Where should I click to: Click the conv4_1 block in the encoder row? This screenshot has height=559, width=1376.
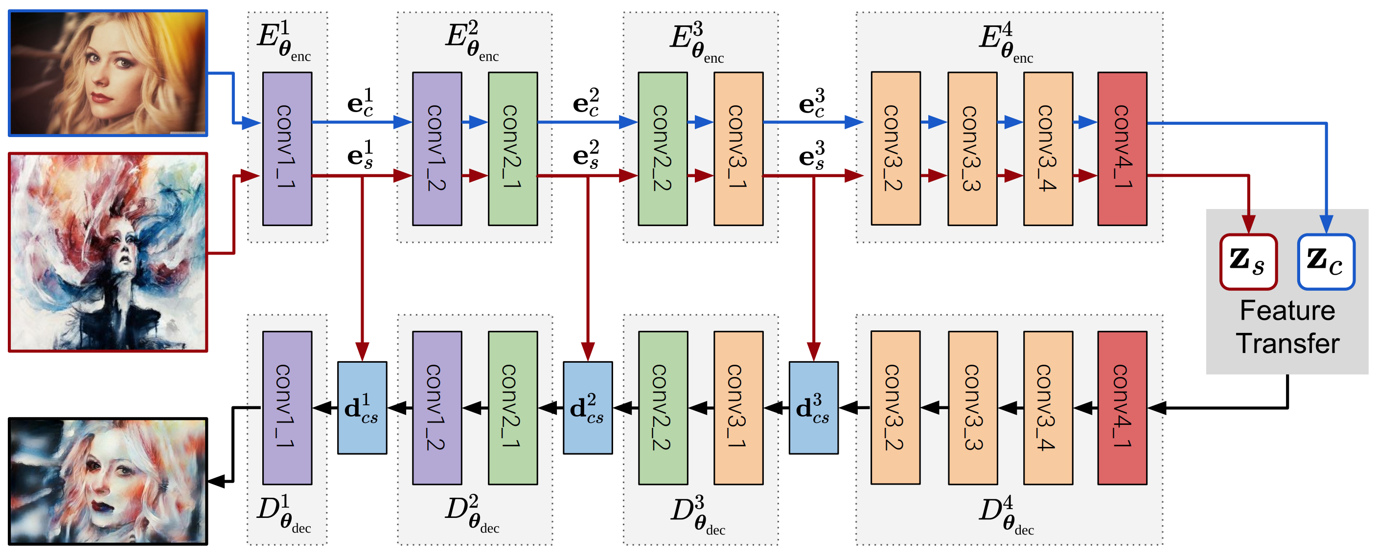(x=1122, y=149)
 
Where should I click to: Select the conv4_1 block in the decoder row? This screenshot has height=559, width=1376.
(x=1122, y=408)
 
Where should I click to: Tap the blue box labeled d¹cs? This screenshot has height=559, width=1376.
(x=362, y=408)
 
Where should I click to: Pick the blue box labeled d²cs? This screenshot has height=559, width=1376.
(x=588, y=408)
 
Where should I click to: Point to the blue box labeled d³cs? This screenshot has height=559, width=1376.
(x=813, y=408)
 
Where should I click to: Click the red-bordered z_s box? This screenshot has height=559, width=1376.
(x=1248, y=262)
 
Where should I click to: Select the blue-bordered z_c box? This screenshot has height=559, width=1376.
(x=1326, y=262)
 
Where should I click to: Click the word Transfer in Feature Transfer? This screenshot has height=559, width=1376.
(x=1287, y=344)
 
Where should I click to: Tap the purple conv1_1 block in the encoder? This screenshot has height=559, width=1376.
(x=287, y=149)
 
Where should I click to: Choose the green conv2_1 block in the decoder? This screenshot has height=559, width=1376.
(x=512, y=408)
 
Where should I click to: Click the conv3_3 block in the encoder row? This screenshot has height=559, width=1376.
(x=972, y=149)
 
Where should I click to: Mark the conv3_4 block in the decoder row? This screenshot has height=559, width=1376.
(x=1048, y=408)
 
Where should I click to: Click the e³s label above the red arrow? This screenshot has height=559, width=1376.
(x=811, y=155)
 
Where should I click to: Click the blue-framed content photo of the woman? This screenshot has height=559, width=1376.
(x=108, y=73)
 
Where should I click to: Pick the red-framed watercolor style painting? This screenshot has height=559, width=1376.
(x=108, y=252)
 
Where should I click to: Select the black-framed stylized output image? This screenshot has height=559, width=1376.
(x=108, y=481)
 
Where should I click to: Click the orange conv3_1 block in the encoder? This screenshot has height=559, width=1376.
(x=738, y=149)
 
